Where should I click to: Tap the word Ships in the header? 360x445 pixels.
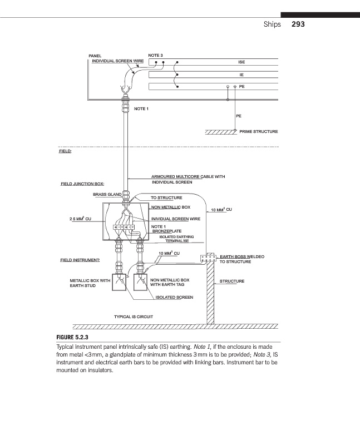(x=273, y=24)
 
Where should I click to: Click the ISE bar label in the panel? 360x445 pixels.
(x=241, y=62)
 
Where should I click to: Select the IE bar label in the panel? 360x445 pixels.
(x=241, y=74)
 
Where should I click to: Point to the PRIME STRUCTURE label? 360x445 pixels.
(x=258, y=132)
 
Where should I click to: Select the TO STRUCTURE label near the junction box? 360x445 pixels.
(x=166, y=197)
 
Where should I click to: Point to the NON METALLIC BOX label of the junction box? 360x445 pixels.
(x=171, y=207)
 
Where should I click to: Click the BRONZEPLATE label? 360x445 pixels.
(x=167, y=231)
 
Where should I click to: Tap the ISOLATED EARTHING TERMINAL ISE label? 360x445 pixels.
(x=171, y=240)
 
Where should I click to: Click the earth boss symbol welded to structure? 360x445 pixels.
(x=208, y=258)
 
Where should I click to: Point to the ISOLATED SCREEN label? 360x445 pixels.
(x=174, y=297)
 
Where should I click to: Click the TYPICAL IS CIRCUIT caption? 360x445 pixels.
(x=134, y=317)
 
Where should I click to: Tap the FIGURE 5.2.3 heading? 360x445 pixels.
(x=73, y=337)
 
